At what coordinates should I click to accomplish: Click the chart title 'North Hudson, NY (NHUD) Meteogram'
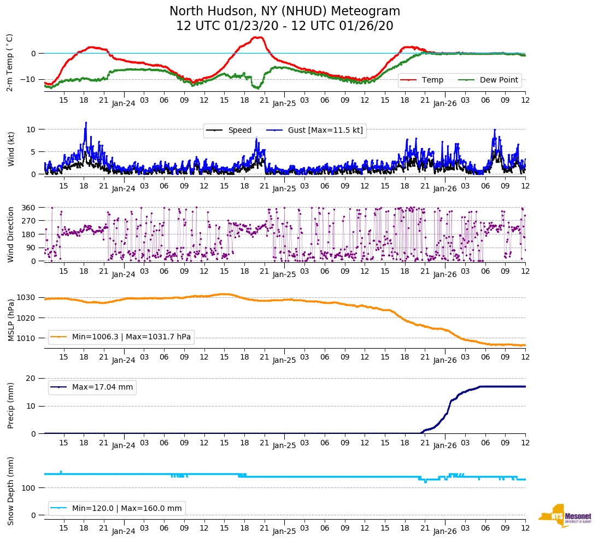tap(285, 11)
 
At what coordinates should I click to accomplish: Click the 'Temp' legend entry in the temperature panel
tap(432, 80)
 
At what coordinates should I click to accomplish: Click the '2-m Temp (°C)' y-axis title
tap(10, 62)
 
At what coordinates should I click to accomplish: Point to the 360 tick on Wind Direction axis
tap(28, 208)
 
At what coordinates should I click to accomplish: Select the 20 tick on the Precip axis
tap(31, 378)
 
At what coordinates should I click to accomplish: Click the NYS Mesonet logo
tap(565, 516)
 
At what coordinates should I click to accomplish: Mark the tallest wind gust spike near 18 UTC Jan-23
tap(86, 123)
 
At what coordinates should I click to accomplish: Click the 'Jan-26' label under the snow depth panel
tap(445, 531)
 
